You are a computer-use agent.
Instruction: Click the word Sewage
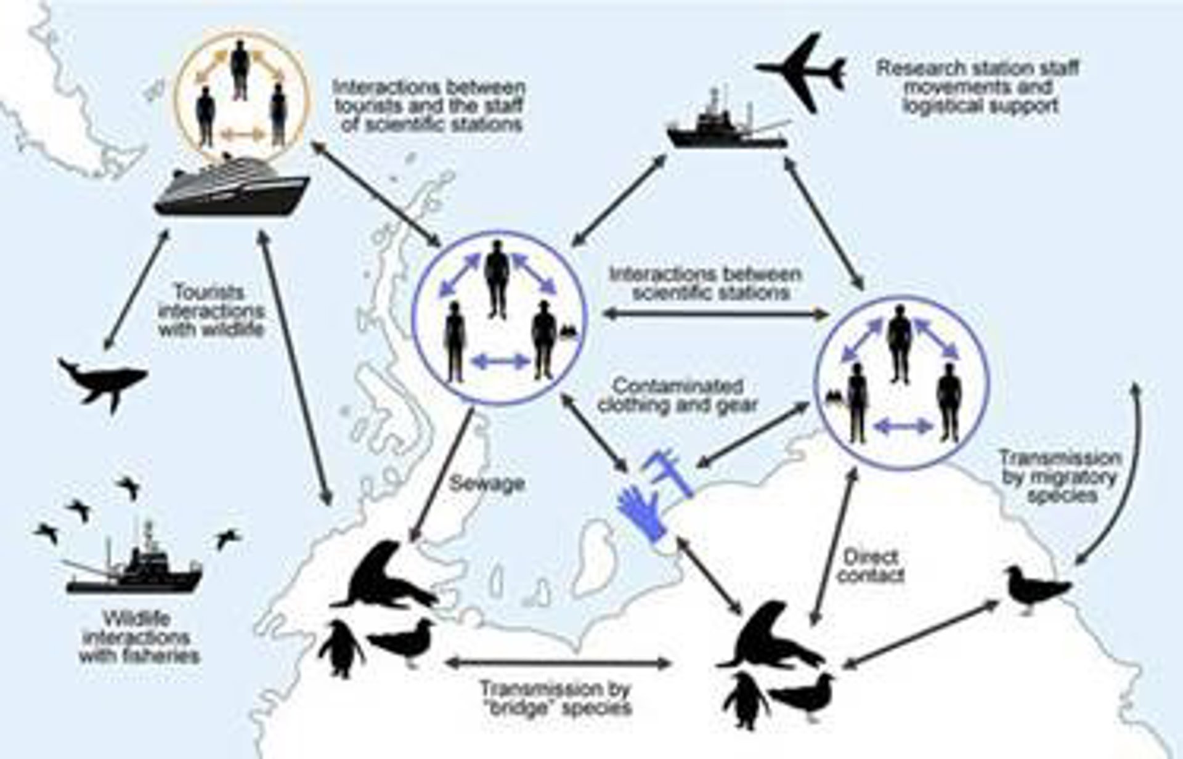[486, 483]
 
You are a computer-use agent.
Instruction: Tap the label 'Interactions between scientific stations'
[705, 283]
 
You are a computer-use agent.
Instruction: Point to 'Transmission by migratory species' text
[1060, 476]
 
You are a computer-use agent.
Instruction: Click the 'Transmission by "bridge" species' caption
[556, 697]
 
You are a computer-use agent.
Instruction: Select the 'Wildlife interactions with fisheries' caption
[139, 637]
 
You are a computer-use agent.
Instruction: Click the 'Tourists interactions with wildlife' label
[211, 310]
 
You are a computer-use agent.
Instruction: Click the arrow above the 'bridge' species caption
[559, 664]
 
